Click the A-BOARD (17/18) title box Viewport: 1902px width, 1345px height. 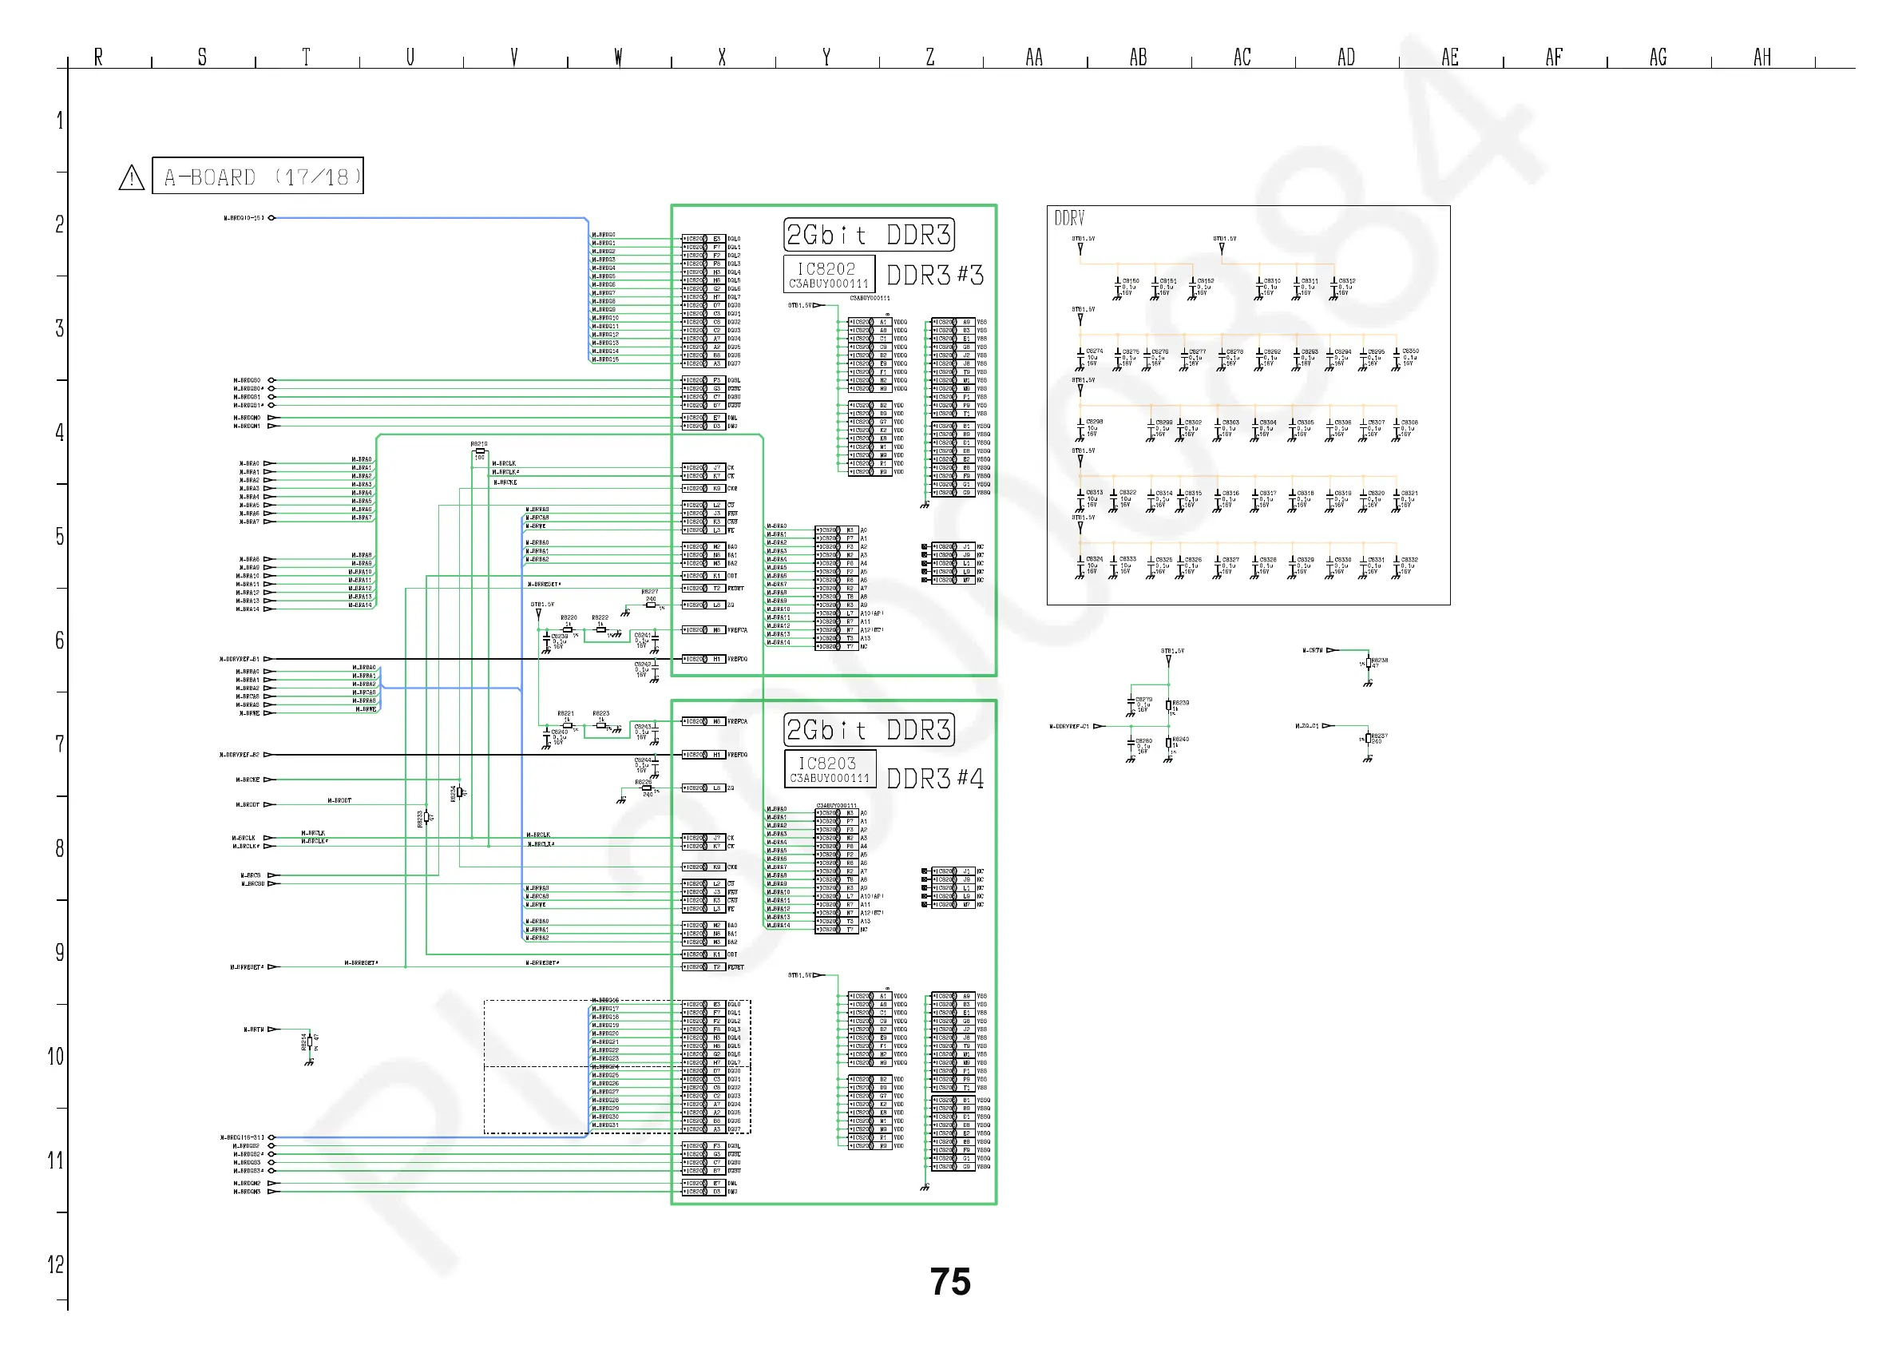point(258,176)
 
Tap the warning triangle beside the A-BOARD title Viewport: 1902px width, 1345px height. point(132,177)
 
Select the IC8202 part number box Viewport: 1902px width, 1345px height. point(828,274)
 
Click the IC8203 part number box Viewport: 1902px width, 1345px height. point(829,769)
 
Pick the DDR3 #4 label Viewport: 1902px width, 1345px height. point(935,779)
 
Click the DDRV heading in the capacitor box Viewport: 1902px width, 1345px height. point(1068,218)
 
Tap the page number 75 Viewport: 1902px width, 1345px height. point(950,1282)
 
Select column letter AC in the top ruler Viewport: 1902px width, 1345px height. point(1242,58)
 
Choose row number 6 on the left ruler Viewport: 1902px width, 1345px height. point(60,640)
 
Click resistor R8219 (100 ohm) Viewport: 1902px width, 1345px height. point(480,451)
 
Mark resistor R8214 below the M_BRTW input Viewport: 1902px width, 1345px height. point(309,1042)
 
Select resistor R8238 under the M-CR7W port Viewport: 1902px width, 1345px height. point(1368,663)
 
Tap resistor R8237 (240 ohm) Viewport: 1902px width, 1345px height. point(1368,738)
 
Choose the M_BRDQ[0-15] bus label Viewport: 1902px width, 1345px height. point(244,218)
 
